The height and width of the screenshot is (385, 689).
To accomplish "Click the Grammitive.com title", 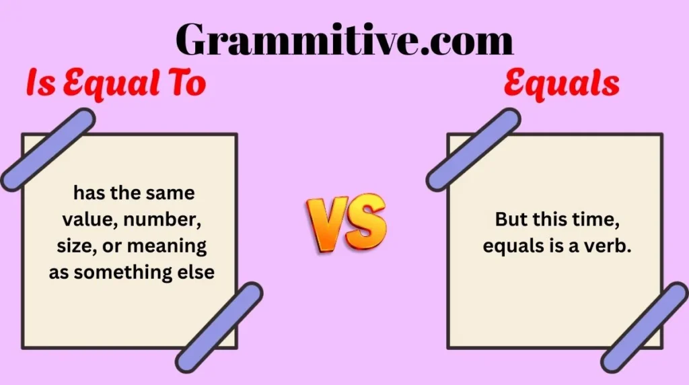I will [x=344, y=39].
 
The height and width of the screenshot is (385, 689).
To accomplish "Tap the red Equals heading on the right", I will [x=562, y=85].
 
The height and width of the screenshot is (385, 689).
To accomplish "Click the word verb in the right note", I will [x=611, y=246].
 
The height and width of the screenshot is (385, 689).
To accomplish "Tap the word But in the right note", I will [x=510, y=219].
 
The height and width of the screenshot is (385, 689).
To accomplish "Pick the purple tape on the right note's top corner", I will [x=473, y=149].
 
